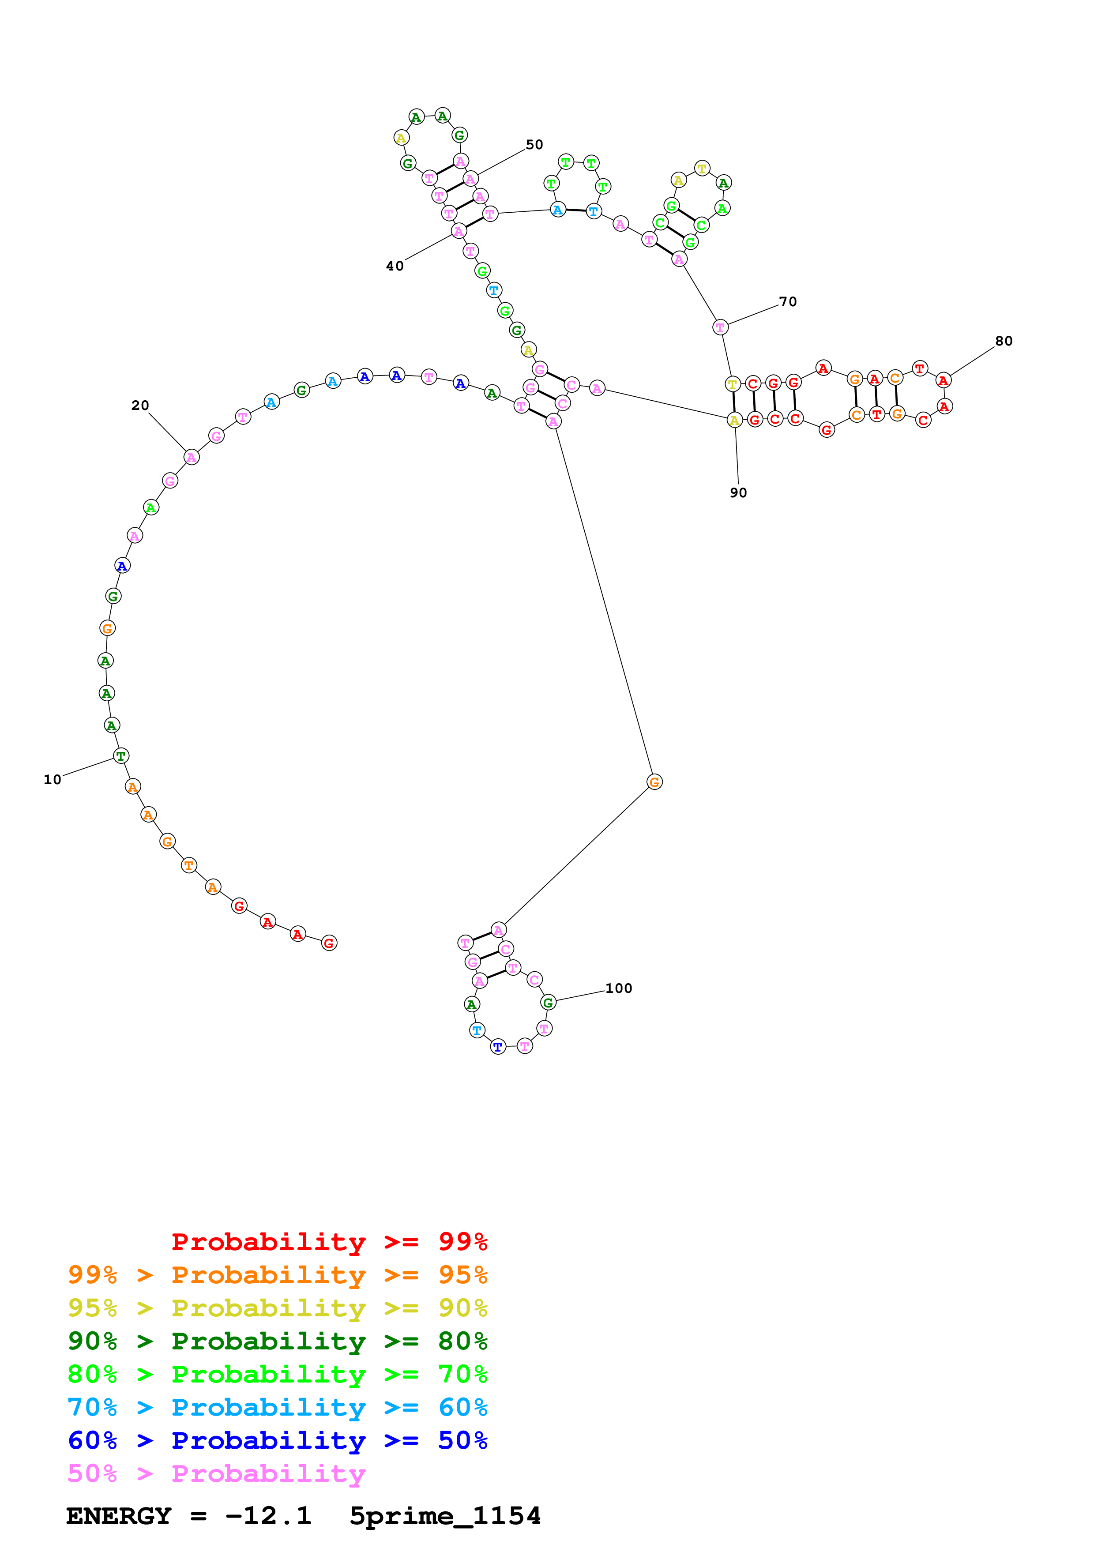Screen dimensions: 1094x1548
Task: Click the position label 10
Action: (53, 779)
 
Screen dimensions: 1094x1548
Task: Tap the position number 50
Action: (534, 145)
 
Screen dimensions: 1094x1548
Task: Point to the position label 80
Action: (1004, 341)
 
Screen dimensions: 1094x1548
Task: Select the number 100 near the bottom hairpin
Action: (618, 988)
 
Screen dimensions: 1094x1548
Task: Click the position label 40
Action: (395, 267)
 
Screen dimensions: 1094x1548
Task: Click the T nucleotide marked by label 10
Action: (120, 756)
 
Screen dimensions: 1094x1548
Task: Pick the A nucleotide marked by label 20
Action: (192, 457)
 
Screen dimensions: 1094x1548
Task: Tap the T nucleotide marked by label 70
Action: (720, 328)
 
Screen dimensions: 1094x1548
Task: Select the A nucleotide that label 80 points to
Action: (943, 380)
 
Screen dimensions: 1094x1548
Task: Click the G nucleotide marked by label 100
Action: (548, 1003)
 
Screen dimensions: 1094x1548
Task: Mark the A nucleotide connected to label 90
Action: (734, 421)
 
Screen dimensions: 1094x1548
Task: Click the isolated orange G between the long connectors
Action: (654, 782)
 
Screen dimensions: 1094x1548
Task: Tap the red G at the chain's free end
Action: (329, 943)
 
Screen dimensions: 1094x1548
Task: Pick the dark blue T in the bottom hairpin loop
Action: (497, 1047)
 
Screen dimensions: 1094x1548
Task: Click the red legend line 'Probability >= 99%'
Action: (329, 1242)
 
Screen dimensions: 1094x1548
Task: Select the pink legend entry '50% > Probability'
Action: (216, 1474)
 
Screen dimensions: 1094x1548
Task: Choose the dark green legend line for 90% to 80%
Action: (277, 1341)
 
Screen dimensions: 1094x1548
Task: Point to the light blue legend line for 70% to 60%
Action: (277, 1408)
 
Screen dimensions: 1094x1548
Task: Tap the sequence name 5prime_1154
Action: (445, 1516)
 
